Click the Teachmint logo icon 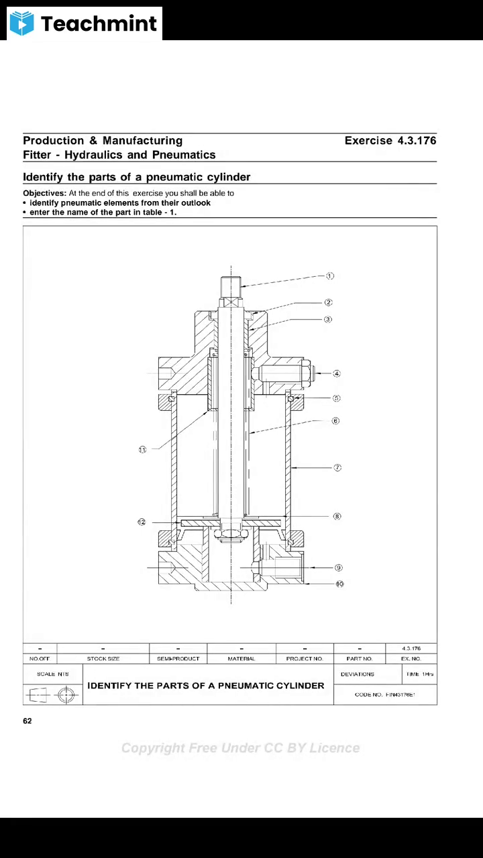coord(21,23)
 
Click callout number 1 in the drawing coord(330,275)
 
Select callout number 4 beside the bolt coord(337,373)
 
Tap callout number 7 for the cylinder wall coord(337,467)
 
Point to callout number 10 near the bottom coord(339,584)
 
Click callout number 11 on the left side coord(142,450)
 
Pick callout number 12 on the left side coord(142,522)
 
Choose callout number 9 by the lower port coord(339,568)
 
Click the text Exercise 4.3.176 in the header coord(390,141)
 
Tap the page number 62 coord(28,721)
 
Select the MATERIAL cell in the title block coord(241,659)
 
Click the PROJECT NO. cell coord(304,659)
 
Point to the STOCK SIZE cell coord(103,659)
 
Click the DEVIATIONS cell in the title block coord(358,674)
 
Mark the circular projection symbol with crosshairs coord(66,695)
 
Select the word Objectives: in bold coord(44,193)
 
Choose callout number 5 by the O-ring coord(337,398)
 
